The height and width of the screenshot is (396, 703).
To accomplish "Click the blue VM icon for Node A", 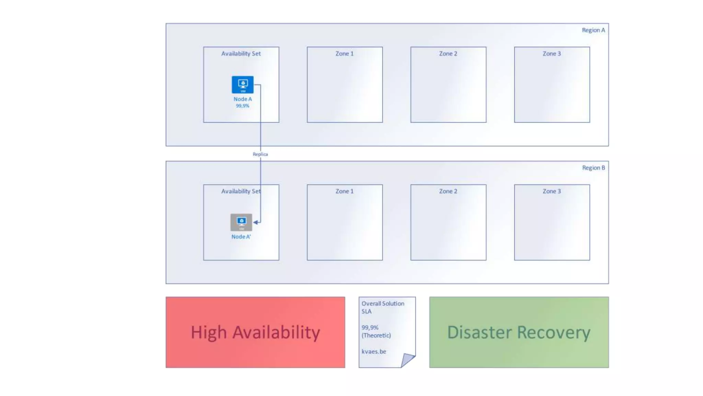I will tap(243, 85).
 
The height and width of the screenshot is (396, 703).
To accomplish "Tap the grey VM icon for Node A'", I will tap(241, 222).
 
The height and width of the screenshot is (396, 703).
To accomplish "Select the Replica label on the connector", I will tap(260, 154).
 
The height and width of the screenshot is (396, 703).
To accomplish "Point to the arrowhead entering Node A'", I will tap(256, 222).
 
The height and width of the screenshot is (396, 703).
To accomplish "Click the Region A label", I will tap(593, 30).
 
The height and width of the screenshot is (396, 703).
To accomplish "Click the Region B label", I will tap(593, 168).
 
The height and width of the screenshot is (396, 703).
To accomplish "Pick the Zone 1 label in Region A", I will tap(344, 54).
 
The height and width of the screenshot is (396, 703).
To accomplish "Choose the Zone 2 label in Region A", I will tap(448, 54).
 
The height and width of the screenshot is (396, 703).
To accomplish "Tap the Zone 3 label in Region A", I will tap(552, 54).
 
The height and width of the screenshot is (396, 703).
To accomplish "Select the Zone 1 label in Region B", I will tap(344, 191).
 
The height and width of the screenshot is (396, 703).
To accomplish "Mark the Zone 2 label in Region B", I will tap(448, 191).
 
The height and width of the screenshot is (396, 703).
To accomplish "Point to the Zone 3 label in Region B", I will tap(552, 191).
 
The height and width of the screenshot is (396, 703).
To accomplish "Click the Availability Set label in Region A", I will tap(241, 54).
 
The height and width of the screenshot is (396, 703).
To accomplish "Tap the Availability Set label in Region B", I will tap(241, 191).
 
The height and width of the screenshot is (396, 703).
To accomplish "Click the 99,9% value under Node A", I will tap(242, 106).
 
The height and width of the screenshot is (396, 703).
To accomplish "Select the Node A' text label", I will tap(241, 237).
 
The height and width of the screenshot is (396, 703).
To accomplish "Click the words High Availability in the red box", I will tap(255, 332).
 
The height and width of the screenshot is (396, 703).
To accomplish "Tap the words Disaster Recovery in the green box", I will tap(519, 332).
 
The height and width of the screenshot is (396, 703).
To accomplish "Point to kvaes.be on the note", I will tap(374, 351).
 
